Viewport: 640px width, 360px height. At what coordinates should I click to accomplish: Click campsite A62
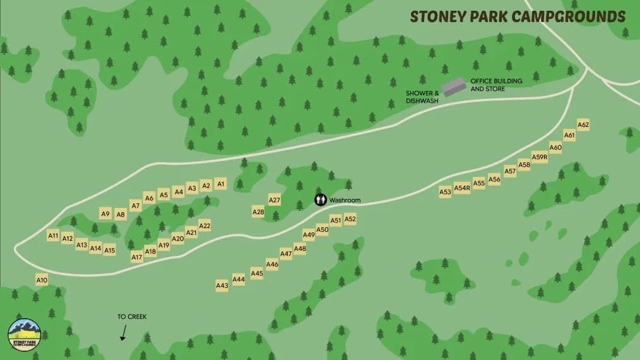[x=583, y=125]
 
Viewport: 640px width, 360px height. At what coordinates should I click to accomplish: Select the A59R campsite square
[x=540, y=157]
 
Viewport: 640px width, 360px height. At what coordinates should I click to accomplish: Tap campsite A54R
[x=462, y=188]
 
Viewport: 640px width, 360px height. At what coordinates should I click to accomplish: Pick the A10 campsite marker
[x=42, y=280]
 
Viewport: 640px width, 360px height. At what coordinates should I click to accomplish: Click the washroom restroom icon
[x=321, y=200]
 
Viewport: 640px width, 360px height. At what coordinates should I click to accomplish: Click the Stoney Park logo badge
[x=24, y=334]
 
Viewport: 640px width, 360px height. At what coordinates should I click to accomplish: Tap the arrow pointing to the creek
[x=123, y=333]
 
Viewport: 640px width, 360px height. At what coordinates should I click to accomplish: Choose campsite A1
[x=220, y=184]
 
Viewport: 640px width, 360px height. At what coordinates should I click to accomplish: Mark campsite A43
[x=222, y=285]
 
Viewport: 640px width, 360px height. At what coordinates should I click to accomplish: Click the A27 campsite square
[x=275, y=200]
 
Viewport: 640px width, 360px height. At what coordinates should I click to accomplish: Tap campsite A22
[x=204, y=225]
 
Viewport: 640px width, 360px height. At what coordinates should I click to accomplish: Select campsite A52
[x=350, y=219]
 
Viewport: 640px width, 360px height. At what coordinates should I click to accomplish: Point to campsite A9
[x=105, y=214]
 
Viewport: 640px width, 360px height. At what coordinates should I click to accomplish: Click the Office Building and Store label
[x=487, y=85]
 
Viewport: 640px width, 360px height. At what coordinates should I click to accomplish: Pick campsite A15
[x=110, y=250]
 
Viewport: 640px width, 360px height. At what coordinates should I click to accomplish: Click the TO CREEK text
[x=132, y=316]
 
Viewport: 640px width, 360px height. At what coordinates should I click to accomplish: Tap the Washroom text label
[x=345, y=200]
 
